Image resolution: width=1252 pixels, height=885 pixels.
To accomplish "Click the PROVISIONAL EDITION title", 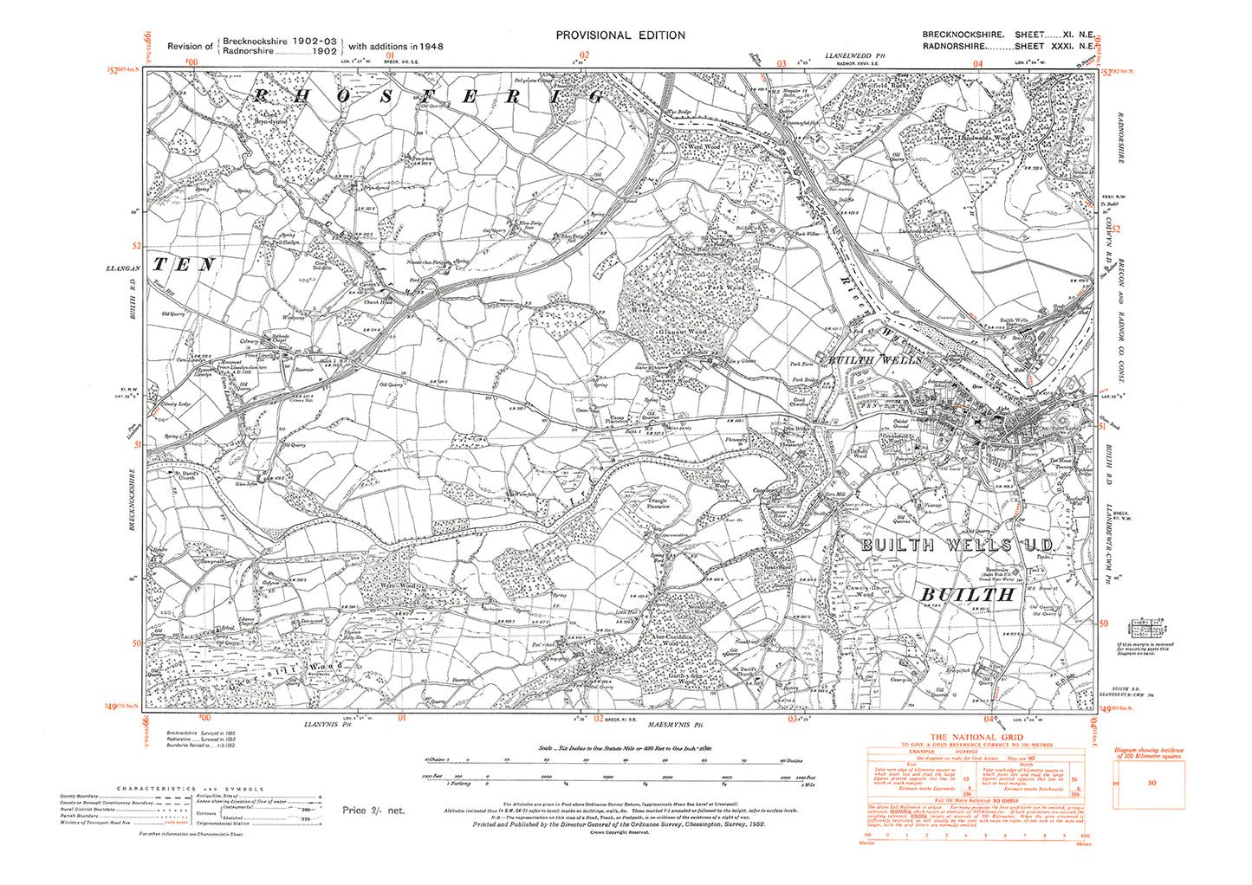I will coord(620,36).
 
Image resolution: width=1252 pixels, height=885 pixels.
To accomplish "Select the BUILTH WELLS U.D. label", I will coord(957,545).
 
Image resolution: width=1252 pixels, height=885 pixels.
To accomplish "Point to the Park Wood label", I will coord(724,287).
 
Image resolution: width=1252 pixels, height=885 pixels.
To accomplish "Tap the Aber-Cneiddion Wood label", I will coord(680,637).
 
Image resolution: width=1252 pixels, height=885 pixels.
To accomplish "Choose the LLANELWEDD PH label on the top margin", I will coord(857,55).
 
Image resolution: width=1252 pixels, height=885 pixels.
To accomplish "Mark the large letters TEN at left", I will coord(183,264).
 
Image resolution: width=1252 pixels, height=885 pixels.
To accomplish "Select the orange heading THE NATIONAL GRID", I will coord(976,737).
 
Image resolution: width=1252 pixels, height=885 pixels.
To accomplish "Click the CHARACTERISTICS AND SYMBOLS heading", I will coord(191,789).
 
